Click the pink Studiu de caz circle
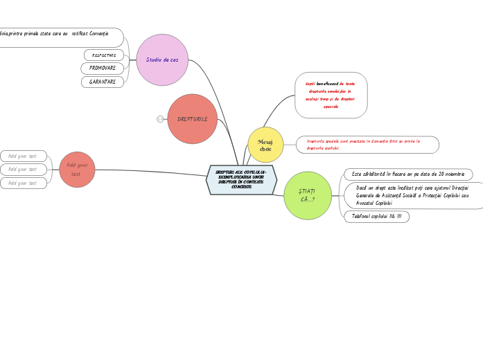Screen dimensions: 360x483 (162, 60)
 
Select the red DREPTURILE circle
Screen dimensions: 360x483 (192, 119)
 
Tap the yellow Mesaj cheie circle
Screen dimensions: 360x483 (265, 145)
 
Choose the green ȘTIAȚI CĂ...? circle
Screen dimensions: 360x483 (308, 195)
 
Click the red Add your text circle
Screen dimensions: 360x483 (77, 170)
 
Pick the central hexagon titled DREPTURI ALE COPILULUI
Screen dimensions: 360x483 (241, 179)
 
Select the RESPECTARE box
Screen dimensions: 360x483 (104, 55)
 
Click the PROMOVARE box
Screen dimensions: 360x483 (103, 68)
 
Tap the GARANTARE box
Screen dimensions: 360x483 (103, 82)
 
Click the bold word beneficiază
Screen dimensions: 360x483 (327, 83)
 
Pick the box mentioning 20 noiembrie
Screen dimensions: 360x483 (408, 174)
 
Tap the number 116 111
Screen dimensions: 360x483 (394, 217)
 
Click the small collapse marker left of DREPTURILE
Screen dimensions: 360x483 (160, 119)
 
